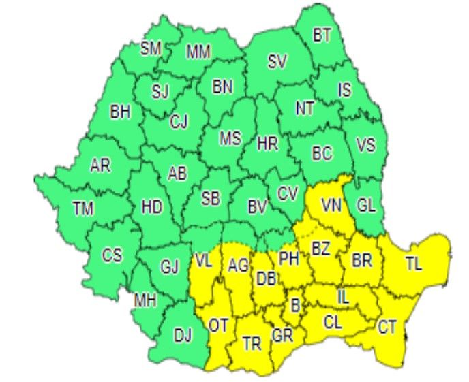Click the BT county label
coord(322,35)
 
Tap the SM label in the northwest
coord(151,48)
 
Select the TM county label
coord(83,209)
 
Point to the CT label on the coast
coord(387,327)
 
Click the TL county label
coord(413,264)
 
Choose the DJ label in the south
coord(183,334)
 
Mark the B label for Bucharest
coord(294,306)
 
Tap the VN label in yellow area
coord(332,205)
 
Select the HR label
coord(267,144)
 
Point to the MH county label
coord(145,300)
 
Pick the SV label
coord(277,62)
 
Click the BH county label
coord(120,112)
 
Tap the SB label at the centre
coord(211,198)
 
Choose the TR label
coord(252,344)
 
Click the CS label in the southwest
coord(112,255)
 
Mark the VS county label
coord(365,145)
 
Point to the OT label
coord(218,325)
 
